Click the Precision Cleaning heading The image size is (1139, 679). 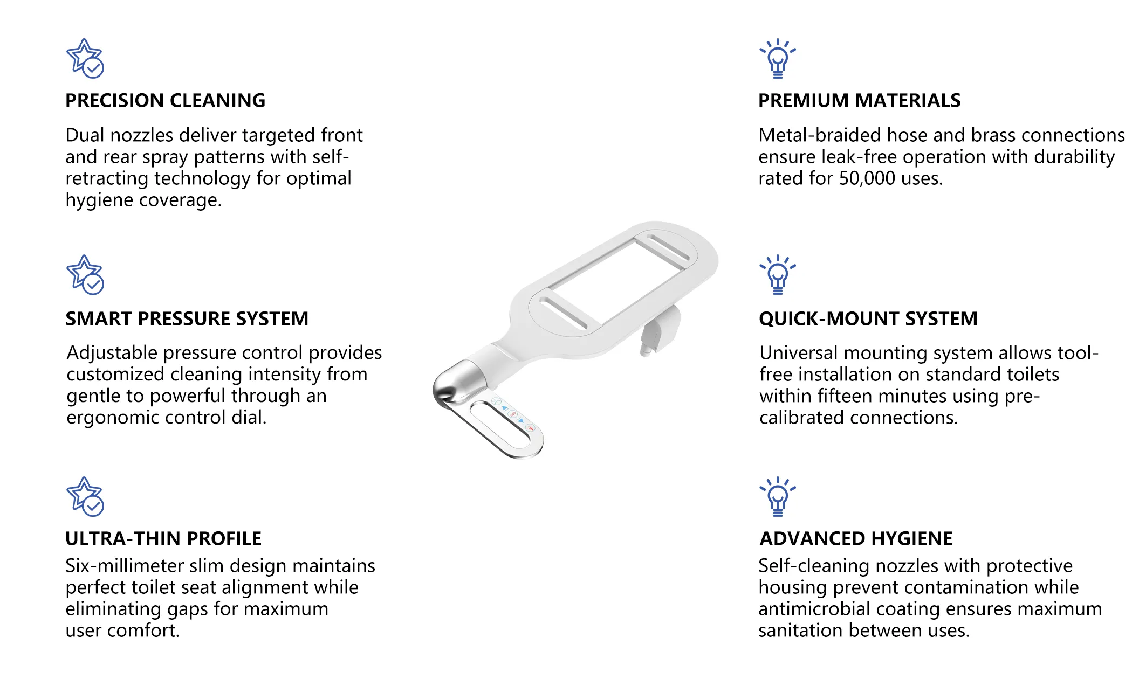click(x=165, y=101)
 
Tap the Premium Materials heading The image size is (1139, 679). click(x=859, y=101)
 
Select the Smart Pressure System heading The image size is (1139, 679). click(x=187, y=319)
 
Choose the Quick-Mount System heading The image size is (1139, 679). click(x=868, y=319)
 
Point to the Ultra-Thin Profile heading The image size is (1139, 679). click(x=163, y=538)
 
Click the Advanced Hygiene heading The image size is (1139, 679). click(x=856, y=538)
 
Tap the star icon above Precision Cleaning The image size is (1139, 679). click(x=85, y=58)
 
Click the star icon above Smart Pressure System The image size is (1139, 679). click(x=85, y=275)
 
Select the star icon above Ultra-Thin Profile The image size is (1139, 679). click(x=85, y=496)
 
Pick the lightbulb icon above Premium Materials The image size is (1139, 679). click(x=778, y=59)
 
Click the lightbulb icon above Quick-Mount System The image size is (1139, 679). click(x=778, y=275)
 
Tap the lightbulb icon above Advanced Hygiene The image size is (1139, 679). click(x=778, y=496)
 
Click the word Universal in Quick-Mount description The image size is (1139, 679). click(x=799, y=353)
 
